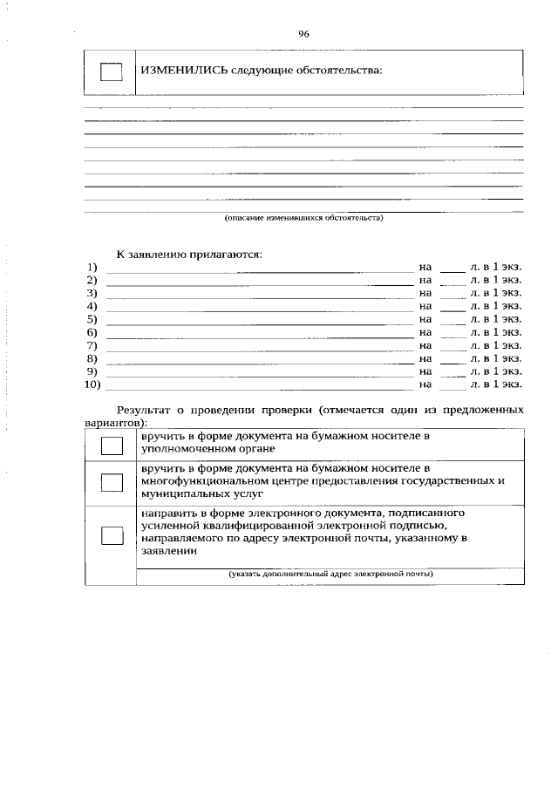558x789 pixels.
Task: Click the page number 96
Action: (x=303, y=34)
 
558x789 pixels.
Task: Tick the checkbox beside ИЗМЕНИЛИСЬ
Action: (x=111, y=72)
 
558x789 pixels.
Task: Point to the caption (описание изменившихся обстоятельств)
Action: (x=303, y=218)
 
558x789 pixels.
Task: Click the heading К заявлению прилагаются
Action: (x=189, y=254)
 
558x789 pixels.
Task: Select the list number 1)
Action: (x=91, y=267)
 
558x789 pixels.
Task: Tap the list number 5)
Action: (x=91, y=319)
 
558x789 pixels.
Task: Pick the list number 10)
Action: (x=92, y=384)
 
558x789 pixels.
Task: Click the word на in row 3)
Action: (x=425, y=293)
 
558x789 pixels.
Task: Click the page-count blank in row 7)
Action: (x=453, y=345)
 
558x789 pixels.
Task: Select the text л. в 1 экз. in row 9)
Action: (x=496, y=371)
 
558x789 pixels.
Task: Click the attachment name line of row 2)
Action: (x=258, y=281)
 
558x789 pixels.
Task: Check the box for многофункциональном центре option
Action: (x=111, y=483)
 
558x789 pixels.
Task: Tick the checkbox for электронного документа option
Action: (x=111, y=535)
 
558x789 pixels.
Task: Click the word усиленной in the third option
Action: (x=168, y=526)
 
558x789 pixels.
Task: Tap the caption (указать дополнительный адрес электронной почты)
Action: (x=330, y=574)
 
